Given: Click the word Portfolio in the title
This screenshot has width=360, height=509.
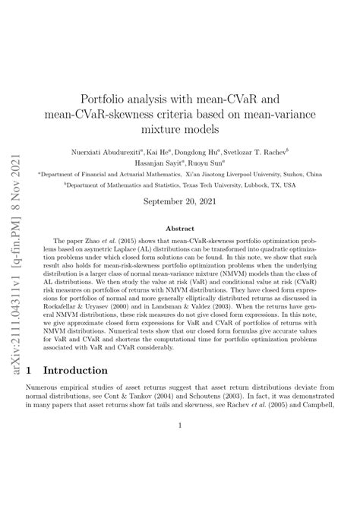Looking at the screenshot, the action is coord(129,99).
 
